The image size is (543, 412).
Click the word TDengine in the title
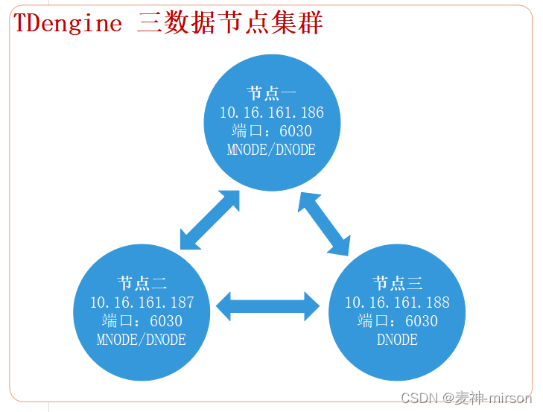(x=68, y=23)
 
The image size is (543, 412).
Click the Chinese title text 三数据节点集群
(x=230, y=23)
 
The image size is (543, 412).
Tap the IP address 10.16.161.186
(x=271, y=112)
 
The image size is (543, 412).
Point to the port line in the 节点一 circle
(x=271, y=131)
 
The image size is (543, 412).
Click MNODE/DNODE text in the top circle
(x=271, y=150)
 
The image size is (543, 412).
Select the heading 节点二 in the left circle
(x=142, y=283)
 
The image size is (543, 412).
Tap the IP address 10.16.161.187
(x=142, y=302)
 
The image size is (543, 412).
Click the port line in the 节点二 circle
(x=142, y=321)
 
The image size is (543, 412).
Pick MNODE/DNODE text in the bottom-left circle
(x=142, y=340)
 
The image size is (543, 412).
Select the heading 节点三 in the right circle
(x=397, y=283)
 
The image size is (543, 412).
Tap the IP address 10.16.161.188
(x=397, y=302)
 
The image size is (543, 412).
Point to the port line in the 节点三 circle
(x=397, y=321)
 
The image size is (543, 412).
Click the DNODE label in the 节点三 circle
(x=397, y=340)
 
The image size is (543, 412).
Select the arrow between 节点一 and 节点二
(x=210, y=220)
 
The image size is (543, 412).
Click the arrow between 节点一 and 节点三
(x=325, y=222)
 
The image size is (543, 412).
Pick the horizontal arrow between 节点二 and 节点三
(x=267, y=306)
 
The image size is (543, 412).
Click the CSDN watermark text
(x=419, y=399)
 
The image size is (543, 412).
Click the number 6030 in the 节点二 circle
(x=165, y=321)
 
